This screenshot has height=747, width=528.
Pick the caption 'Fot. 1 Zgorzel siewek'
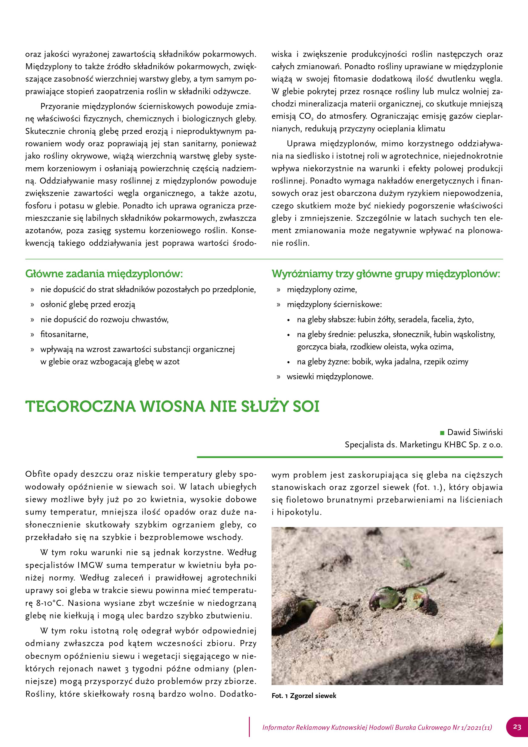(x=304, y=696)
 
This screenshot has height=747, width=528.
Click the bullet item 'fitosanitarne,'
(x=64, y=334)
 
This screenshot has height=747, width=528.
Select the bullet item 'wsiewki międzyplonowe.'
(x=330, y=377)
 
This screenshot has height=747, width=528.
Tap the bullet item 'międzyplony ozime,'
(x=322, y=289)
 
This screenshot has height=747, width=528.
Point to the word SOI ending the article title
(x=306, y=407)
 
